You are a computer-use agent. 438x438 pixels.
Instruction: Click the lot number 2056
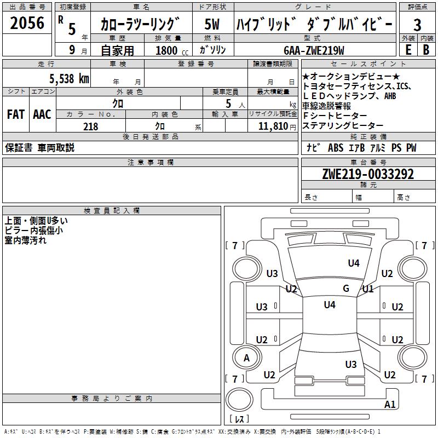coord(27,23)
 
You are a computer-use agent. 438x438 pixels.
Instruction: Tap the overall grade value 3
coord(417,25)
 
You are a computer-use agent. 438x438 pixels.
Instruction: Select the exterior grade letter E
coord(408,50)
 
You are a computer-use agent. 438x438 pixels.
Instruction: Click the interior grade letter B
coord(426,50)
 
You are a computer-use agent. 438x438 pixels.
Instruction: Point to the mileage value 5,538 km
coord(70,78)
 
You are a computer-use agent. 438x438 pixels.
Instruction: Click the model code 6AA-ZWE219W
coord(314,50)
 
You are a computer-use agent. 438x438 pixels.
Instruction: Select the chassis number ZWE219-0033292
coord(368,174)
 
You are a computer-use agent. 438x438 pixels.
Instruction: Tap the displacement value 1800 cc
coord(172,50)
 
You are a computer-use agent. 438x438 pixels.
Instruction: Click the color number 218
coord(90,126)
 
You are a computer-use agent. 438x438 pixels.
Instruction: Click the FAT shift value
coord(16,114)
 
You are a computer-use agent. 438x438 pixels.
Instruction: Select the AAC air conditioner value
coord(42,114)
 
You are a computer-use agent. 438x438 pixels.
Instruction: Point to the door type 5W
coord(212,24)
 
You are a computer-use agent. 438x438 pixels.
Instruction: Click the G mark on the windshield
coord(346,289)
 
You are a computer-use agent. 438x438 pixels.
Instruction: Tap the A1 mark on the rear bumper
coord(390,404)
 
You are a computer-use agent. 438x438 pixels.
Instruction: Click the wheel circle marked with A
coord(247,358)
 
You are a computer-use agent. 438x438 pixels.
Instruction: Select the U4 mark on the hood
coord(354,263)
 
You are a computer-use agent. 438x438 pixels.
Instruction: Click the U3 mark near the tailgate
coord(351,364)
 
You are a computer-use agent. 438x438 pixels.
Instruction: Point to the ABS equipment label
coord(336,147)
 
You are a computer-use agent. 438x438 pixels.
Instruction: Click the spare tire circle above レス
coord(239,399)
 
